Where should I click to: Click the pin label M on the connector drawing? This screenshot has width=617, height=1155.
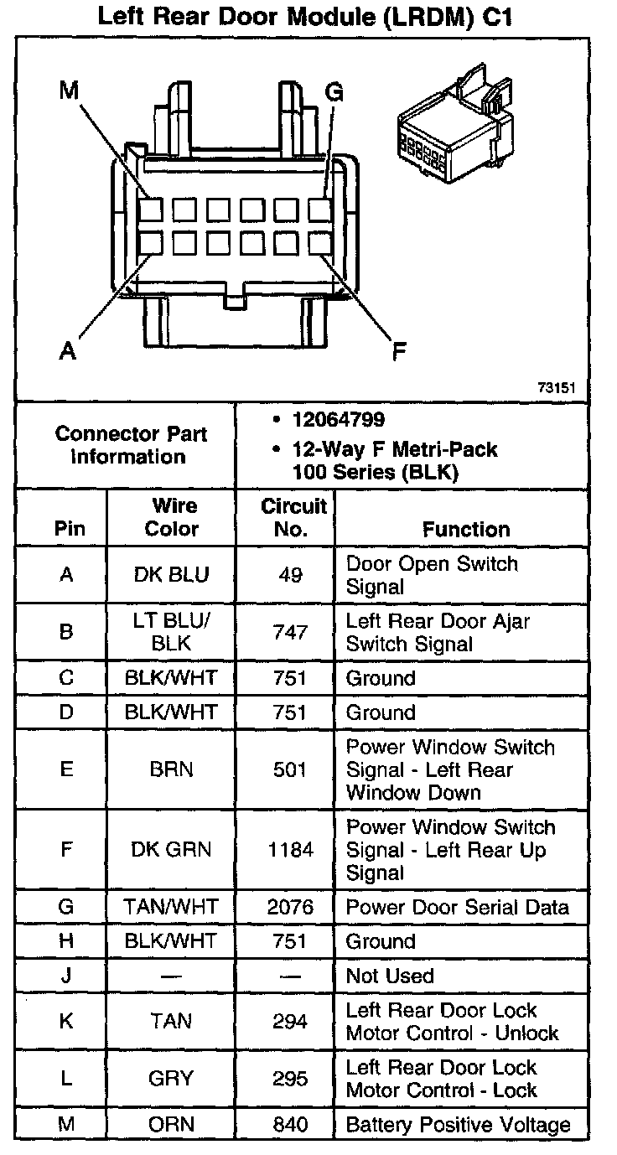(70, 91)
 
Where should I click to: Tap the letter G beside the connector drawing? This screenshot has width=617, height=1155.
(334, 92)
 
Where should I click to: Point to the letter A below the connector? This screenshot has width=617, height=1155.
(68, 350)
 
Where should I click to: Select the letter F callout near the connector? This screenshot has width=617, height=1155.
(400, 351)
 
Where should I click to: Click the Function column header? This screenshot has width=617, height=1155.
(466, 529)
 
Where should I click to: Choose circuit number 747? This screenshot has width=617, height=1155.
(290, 632)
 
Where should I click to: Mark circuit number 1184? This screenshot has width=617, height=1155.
(290, 850)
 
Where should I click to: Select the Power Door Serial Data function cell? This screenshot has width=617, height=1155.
(458, 907)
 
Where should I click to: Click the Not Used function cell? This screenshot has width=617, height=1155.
(390, 976)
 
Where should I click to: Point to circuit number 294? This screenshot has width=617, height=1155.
(290, 1021)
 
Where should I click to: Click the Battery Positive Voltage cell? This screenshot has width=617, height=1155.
(458, 1125)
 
